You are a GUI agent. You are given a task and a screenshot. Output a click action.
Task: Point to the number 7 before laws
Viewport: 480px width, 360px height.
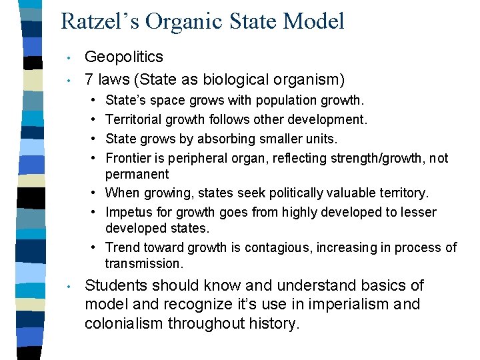(x=89, y=80)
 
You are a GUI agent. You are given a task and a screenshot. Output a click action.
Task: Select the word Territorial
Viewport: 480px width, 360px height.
(x=133, y=119)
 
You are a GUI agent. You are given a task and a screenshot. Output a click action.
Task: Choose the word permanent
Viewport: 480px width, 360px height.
(x=137, y=175)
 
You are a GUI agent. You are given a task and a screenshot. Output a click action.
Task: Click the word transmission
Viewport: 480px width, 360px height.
(x=143, y=264)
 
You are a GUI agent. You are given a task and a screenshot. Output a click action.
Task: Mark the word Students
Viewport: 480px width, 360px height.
(x=117, y=285)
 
